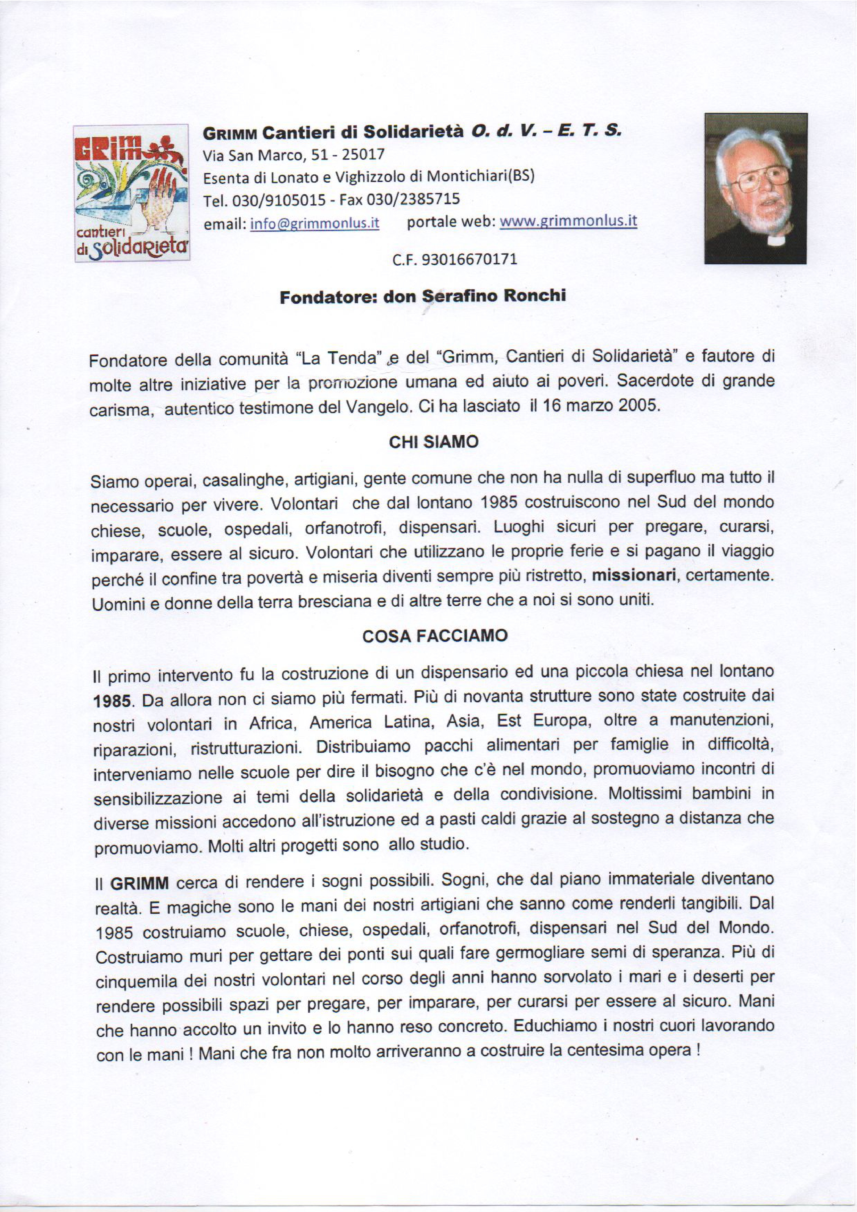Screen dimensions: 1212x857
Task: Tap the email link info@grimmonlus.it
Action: point(315,223)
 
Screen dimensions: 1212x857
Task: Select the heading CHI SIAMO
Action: point(433,442)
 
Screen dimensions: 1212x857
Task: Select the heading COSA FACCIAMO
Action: point(435,637)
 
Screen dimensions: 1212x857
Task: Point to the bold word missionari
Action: point(634,576)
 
